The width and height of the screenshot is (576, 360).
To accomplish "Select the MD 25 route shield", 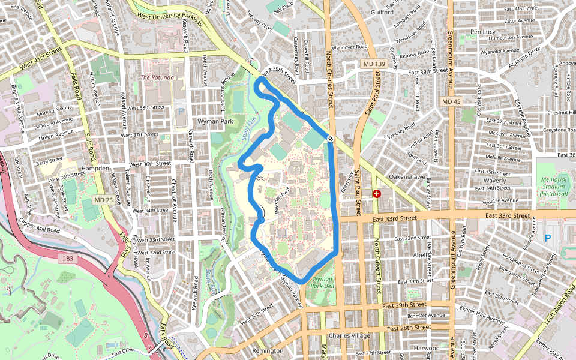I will tap(104, 199).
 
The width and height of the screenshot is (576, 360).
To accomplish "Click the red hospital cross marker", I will tap(377, 194).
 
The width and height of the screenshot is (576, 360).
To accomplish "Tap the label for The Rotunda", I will tap(157, 77).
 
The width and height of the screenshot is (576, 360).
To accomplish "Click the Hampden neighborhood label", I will tap(97, 169).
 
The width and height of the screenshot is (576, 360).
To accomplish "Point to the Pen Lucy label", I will tap(484, 32).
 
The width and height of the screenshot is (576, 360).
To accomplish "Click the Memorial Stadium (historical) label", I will tap(553, 187).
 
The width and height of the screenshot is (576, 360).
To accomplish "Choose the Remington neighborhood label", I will tap(268, 350).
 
